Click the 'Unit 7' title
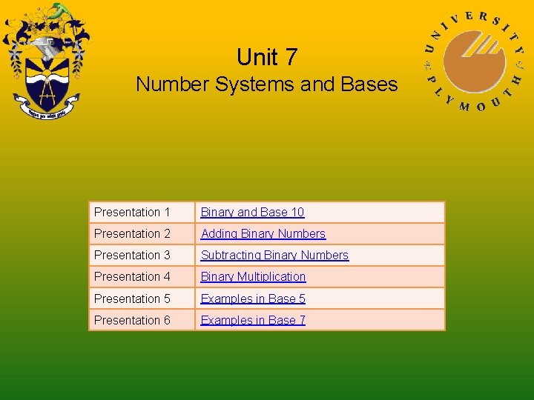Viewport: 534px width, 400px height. [266, 57]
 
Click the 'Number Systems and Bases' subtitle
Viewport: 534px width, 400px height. [266, 84]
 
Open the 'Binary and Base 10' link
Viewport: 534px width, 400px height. [252, 213]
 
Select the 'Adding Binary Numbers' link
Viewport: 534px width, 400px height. [263, 234]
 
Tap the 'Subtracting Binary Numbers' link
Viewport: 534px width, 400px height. [274, 256]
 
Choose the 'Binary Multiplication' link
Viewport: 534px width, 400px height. [253, 277]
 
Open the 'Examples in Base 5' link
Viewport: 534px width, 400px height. [253, 299]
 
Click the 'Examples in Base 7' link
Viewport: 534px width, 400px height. [253, 320]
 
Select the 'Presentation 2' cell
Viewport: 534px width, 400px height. [132, 234]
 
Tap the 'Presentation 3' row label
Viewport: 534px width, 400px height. [132, 256]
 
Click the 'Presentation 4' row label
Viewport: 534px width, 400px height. [132, 277]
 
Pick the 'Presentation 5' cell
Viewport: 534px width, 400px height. [132, 299]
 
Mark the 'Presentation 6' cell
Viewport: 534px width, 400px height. [132, 320]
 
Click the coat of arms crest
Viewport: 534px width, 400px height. [46, 63]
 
